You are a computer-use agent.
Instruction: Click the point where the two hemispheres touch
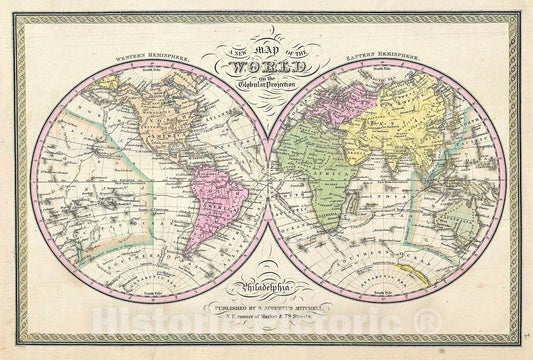tap(267, 180)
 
